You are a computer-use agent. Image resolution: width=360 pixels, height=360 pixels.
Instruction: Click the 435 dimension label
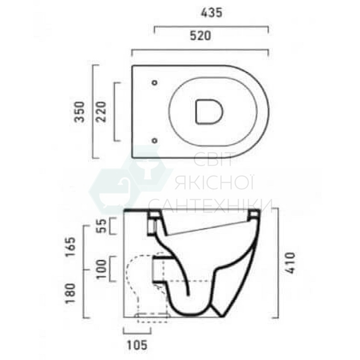[x=212, y=13]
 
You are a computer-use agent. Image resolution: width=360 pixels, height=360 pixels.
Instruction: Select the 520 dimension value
[x=200, y=36]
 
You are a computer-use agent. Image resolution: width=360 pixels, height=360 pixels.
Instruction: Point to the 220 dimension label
[x=101, y=112]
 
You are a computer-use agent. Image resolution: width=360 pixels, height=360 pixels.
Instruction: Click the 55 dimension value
[x=102, y=226]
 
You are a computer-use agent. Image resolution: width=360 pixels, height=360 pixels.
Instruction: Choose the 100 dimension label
[x=102, y=269]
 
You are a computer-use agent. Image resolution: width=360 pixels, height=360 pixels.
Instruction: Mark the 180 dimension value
[x=70, y=293]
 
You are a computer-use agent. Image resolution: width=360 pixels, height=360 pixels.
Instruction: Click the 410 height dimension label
[x=289, y=263]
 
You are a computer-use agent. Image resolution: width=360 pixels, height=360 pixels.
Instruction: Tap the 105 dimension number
[x=137, y=345]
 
